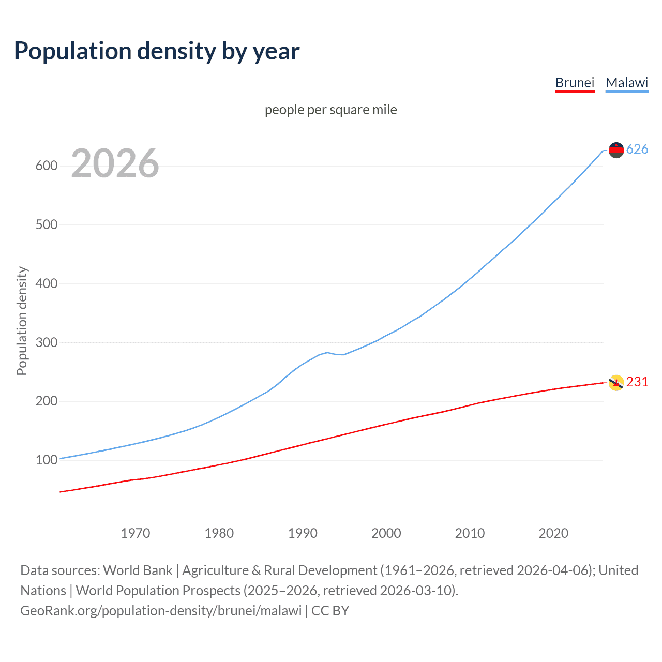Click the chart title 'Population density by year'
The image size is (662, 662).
(x=157, y=51)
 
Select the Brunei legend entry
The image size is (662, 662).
(x=575, y=83)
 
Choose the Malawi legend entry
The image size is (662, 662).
(x=626, y=83)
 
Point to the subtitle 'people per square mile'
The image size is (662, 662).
(x=330, y=110)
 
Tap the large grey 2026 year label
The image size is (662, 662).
(x=115, y=163)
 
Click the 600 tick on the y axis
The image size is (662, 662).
(x=46, y=166)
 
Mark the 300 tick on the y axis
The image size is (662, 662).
(x=46, y=342)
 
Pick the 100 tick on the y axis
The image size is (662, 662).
(x=46, y=460)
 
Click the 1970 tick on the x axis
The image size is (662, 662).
(x=136, y=533)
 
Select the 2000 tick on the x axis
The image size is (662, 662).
(x=386, y=533)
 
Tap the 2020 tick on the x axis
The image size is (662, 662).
(x=553, y=533)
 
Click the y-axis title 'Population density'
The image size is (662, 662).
(x=22, y=321)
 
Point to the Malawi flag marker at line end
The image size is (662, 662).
(x=616, y=150)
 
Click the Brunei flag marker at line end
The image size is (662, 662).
(x=616, y=383)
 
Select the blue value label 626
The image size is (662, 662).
(x=637, y=149)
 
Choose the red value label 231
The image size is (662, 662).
(x=637, y=382)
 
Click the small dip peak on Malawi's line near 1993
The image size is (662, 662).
(x=327, y=352)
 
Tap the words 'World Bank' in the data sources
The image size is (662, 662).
(x=138, y=570)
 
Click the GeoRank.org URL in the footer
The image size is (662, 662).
(x=161, y=611)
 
